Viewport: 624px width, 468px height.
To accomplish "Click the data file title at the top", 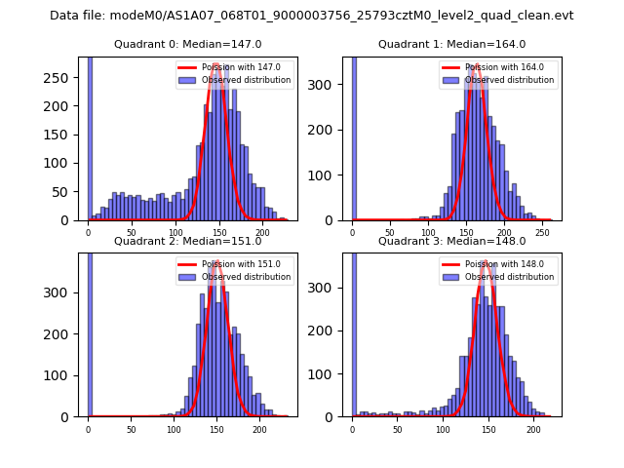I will (x=312, y=16).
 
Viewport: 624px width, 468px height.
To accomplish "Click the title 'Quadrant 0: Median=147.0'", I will (x=187, y=44).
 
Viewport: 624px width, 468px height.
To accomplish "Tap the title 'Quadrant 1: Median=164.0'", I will (x=451, y=44).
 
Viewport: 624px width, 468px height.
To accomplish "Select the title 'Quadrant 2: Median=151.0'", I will (x=187, y=241).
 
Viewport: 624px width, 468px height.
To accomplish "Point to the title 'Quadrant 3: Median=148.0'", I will (x=451, y=241).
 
